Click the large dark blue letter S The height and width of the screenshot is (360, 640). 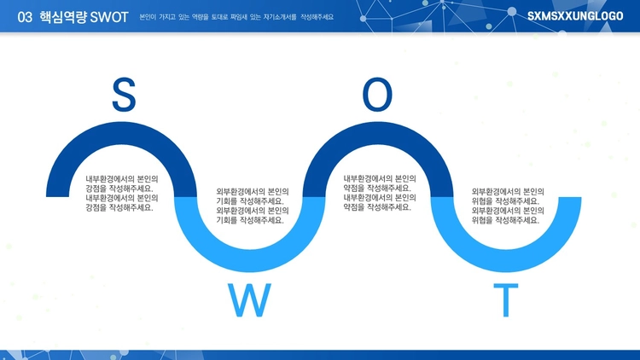pyautogui.click(x=124, y=95)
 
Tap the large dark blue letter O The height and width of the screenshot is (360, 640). pyautogui.click(x=377, y=95)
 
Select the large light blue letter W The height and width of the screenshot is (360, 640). pyautogui.click(x=249, y=300)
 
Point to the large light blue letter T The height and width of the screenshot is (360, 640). pyautogui.click(x=506, y=300)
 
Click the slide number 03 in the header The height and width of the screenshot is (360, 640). pyautogui.click(x=25, y=17)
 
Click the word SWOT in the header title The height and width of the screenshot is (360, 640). pyautogui.click(x=109, y=17)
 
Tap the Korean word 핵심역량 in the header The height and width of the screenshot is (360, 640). pyautogui.click(x=63, y=17)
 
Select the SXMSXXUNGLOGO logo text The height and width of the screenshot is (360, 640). pyautogui.click(x=575, y=16)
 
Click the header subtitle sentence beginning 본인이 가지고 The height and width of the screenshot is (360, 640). pyautogui.click(x=236, y=17)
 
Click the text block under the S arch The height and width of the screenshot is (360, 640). pyautogui.click(x=122, y=194)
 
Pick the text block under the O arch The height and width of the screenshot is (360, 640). pyautogui.click(x=380, y=193)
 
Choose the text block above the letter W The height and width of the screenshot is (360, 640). pyautogui.click(x=253, y=206)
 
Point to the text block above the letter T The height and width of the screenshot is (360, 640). pyautogui.click(x=508, y=206)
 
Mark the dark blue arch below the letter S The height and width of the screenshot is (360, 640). pyautogui.click(x=122, y=133)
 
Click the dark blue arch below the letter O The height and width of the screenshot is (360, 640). pyautogui.click(x=378, y=133)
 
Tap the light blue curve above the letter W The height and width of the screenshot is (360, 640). pyautogui.click(x=250, y=260)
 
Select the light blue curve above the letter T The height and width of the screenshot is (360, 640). pyautogui.click(x=506, y=260)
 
